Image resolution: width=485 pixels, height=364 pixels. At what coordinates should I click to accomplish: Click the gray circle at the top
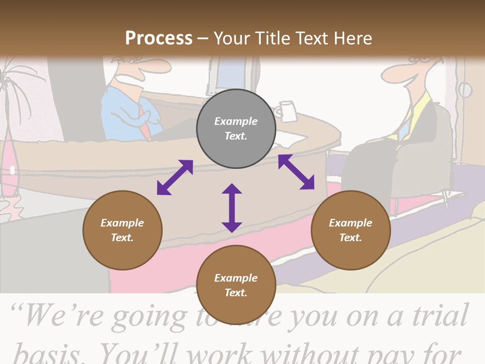(236, 129)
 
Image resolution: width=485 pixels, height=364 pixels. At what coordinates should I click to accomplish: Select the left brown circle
(122, 230)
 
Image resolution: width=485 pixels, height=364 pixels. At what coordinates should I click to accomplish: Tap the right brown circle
(351, 230)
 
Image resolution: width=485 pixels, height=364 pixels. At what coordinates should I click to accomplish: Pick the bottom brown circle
(236, 285)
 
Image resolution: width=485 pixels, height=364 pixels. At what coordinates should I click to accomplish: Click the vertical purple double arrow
(232, 208)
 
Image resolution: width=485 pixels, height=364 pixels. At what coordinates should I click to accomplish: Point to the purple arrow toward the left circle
(175, 177)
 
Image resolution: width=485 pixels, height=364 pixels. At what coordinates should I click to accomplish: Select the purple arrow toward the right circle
(296, 172)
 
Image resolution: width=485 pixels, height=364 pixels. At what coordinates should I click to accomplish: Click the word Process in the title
(159, 38)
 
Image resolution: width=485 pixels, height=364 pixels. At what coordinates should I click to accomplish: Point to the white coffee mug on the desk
(286, 111)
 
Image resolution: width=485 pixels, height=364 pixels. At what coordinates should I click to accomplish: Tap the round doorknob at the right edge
(465, 90)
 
